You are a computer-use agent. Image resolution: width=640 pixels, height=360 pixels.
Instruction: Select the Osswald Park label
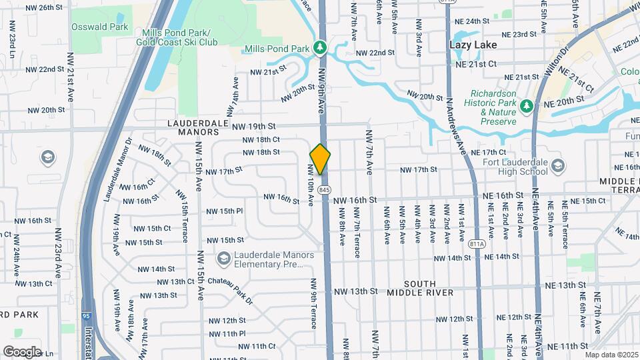[x=101, y=27]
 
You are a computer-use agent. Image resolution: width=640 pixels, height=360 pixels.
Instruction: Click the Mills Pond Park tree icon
[x=321, y=48]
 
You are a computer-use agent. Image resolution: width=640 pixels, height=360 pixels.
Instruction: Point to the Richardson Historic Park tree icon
[x=527, y=106]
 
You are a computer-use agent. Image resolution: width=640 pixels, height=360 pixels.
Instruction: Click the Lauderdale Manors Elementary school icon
[x=223, y=257]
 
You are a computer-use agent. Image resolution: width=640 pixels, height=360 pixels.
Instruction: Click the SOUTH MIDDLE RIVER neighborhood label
[x=420, y=288]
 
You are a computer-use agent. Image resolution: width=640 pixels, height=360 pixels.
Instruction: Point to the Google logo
[x=22, y=351]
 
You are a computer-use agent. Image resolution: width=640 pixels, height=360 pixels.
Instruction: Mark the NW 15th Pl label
[x=225, y=211]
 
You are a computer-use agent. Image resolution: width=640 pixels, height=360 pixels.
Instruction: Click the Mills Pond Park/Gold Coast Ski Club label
[x=177, y=37]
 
